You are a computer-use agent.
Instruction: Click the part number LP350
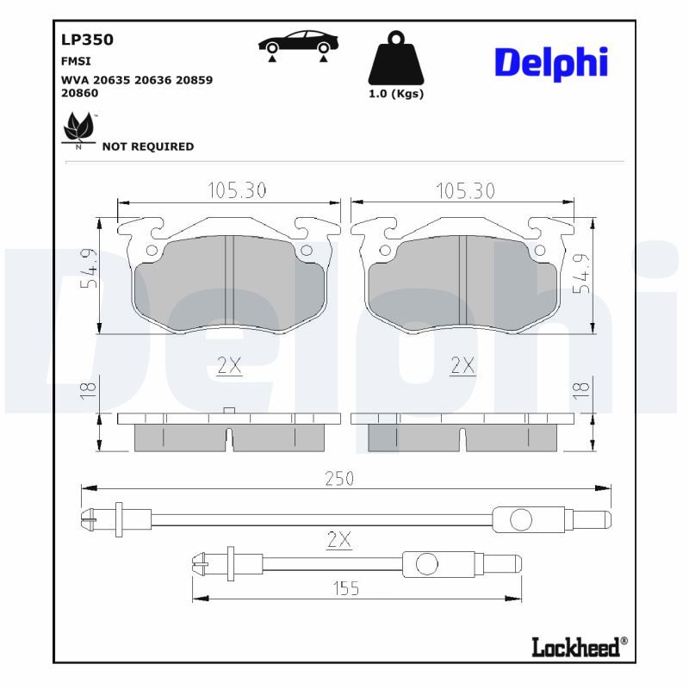87,40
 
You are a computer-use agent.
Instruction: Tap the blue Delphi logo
551,62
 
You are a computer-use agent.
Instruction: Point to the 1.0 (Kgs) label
396,94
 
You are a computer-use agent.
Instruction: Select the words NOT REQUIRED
148,146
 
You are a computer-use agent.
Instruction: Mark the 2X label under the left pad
229,366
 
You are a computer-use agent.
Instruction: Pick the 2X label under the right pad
462,366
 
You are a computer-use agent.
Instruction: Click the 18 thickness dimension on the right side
582,388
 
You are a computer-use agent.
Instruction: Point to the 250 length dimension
339,479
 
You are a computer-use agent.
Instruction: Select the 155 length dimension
344,588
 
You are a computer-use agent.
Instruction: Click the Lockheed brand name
575,648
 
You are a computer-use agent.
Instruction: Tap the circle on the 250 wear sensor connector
521,519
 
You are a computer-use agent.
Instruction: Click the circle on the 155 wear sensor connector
427,565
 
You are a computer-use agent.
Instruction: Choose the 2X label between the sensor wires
339,540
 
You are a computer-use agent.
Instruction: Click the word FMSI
76,62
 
